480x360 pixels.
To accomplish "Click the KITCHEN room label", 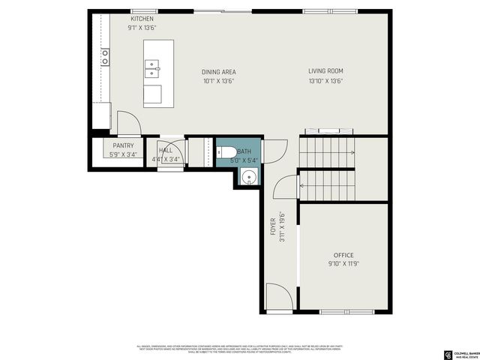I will [142, 18].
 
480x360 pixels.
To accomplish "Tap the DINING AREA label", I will [218, 72].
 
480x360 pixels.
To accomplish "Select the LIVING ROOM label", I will [325, 71].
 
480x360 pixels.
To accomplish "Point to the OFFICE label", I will [343, 255].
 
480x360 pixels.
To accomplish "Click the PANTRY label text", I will [123, 145].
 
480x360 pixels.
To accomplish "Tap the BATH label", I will [244, 151].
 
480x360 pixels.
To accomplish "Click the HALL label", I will [165, 150].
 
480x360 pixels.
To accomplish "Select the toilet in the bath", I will [226, 154].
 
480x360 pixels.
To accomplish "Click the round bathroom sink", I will [249, 178].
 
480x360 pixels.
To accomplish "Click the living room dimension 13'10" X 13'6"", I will [325, 82].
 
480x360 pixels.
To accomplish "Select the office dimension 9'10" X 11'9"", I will [343, 265].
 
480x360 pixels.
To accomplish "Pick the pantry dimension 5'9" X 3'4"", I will [123, 154].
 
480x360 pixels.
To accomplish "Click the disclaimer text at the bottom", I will [240, 348].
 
